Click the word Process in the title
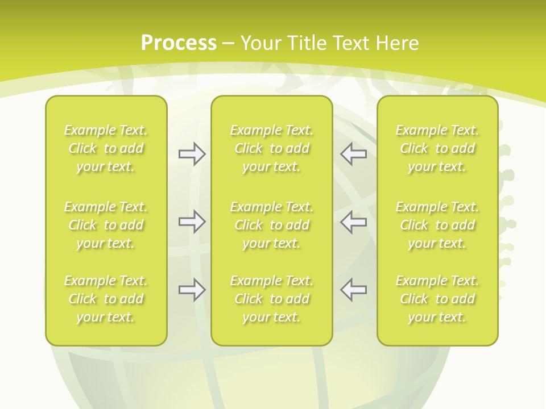pyautogui.click(x=179, y=43)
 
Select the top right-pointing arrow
pyautogui.click(x=192, y=154)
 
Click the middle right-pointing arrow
pyautogui.click(x=192, y=222)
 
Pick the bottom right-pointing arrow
pyautogui.click(x=192, y=290)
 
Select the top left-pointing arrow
pyautogui.click(x=354, y=154)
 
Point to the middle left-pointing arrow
pyautogui.click(x=354, y=222)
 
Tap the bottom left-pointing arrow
pyautogui.click(x=354, y=290)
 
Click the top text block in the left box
pyautogui.click(x=106, y=148)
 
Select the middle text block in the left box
pyautogui.click(x=106, y=225)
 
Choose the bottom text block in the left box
pyautogui.click(x=106, y=299)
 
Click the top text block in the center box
pyautogui.click(x=271, y=148)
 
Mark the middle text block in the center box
pyautogui.click(x=271, y=225)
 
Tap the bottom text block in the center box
pyautogui.click(x=271, y=299)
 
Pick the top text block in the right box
pyautogui.click(x=437, y=148)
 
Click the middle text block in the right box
pyautogui.click(x=437, y=225)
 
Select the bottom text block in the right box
pyautogui.click(x=437, y=299)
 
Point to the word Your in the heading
pyautogui.click(x=262, y=43)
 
